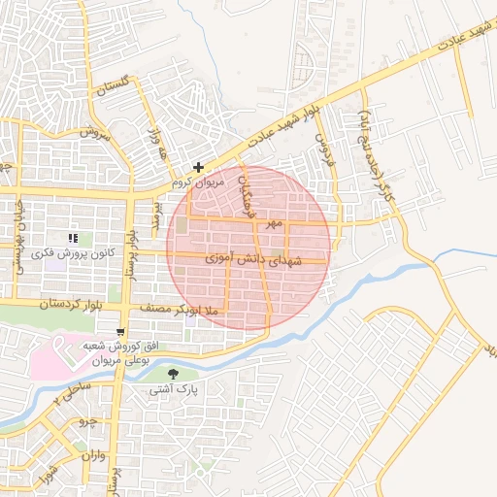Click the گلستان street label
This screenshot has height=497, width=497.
[x=114, y=84]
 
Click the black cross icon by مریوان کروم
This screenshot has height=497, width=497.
[x=199, y=167]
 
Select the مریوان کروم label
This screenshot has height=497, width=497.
[x=197, y=182]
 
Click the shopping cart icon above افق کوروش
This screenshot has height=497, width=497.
[x=120, y=331]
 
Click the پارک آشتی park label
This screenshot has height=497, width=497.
[x=174, y=390]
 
